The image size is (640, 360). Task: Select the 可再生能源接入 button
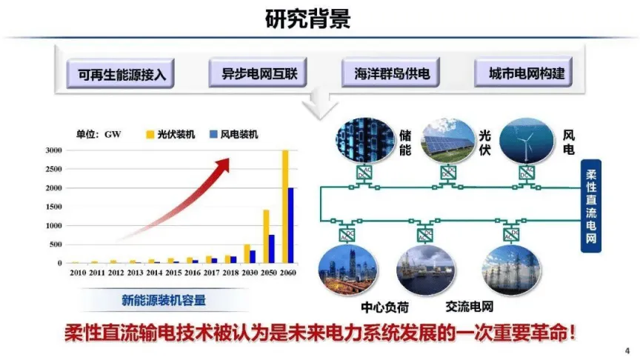[x=120, y=74]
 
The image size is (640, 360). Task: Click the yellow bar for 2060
[x=284, y=207]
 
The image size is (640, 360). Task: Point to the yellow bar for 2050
[x=265, y=236]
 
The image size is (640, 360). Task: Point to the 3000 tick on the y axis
[x=53, y=150]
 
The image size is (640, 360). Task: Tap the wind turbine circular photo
[x=526, y=140]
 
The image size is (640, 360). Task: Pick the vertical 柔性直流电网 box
[x=590, y=208]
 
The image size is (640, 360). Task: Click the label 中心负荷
[x=385, y=307]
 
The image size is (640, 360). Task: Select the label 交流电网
[x=469, y=307]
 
